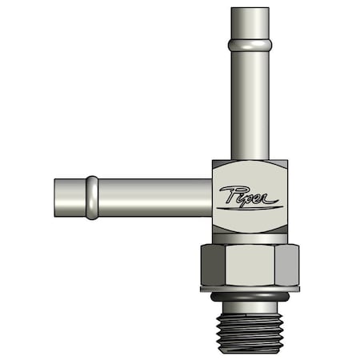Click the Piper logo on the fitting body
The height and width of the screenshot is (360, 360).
click(248, 197)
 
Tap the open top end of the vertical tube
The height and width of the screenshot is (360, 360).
click(250, 10)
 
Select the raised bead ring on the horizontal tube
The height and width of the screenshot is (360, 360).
click(93, 198)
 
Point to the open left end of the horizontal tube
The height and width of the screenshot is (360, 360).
click(57, 198)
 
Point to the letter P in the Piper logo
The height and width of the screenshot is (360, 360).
click(226, 194)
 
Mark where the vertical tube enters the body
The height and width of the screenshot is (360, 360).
click(250, 159)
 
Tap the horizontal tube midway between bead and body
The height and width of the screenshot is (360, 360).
click(152, 198)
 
